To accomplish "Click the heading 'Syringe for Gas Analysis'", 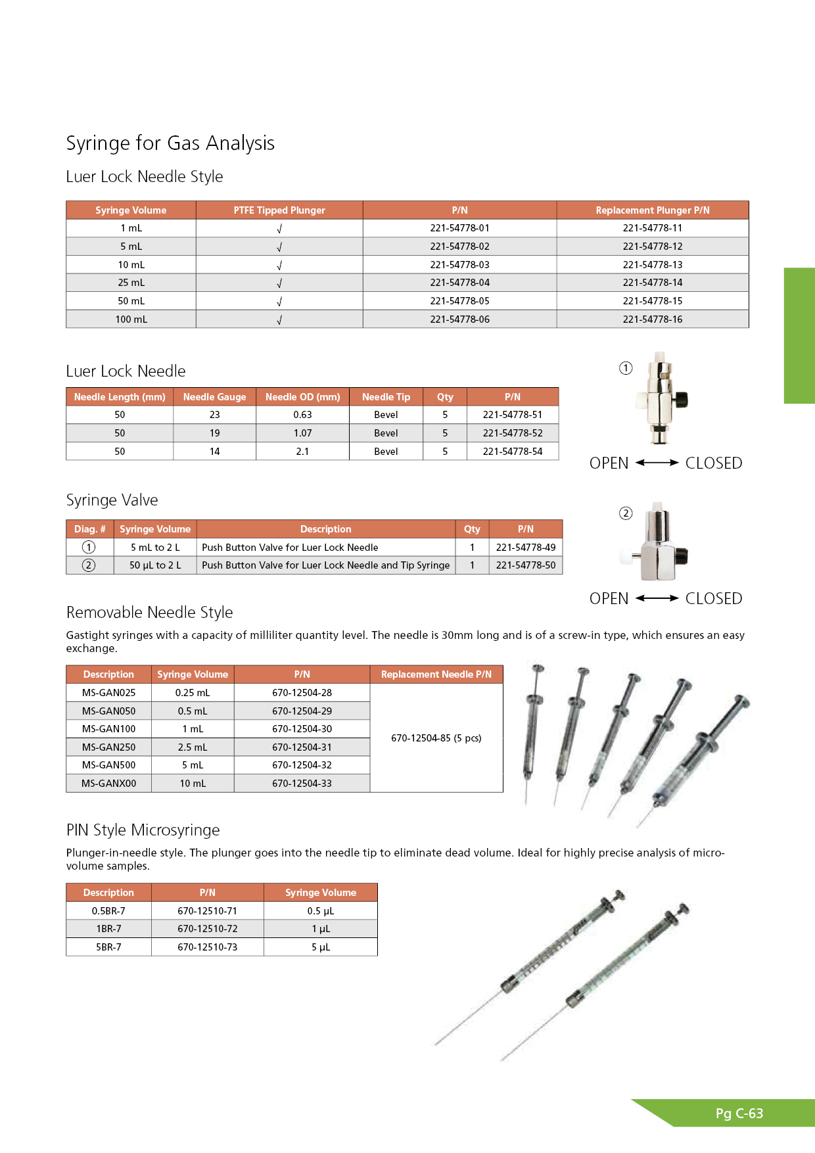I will [170, 143].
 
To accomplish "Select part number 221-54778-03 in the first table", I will [459, 265].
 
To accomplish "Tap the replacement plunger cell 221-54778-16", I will [652, 319].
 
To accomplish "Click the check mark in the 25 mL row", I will [279, 283].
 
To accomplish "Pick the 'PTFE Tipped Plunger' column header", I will [279, 210].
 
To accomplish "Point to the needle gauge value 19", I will [214, 433].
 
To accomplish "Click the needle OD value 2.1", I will [302, 452].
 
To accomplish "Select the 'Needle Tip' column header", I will [386, 397].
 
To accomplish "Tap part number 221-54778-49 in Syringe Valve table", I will [525, 548].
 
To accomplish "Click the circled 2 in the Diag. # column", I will [89, 565].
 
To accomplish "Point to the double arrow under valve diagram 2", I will [657, 598].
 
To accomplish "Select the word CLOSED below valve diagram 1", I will [713, 463].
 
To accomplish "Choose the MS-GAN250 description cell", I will [108, 747].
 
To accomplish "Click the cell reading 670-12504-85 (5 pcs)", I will [436, 738].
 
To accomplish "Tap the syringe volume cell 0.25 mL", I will [193, 693].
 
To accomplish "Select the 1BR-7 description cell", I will [108, 929].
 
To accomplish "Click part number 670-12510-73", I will [207, 947].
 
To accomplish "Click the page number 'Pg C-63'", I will [739, 1114].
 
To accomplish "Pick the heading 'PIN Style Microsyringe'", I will [143, 830].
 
